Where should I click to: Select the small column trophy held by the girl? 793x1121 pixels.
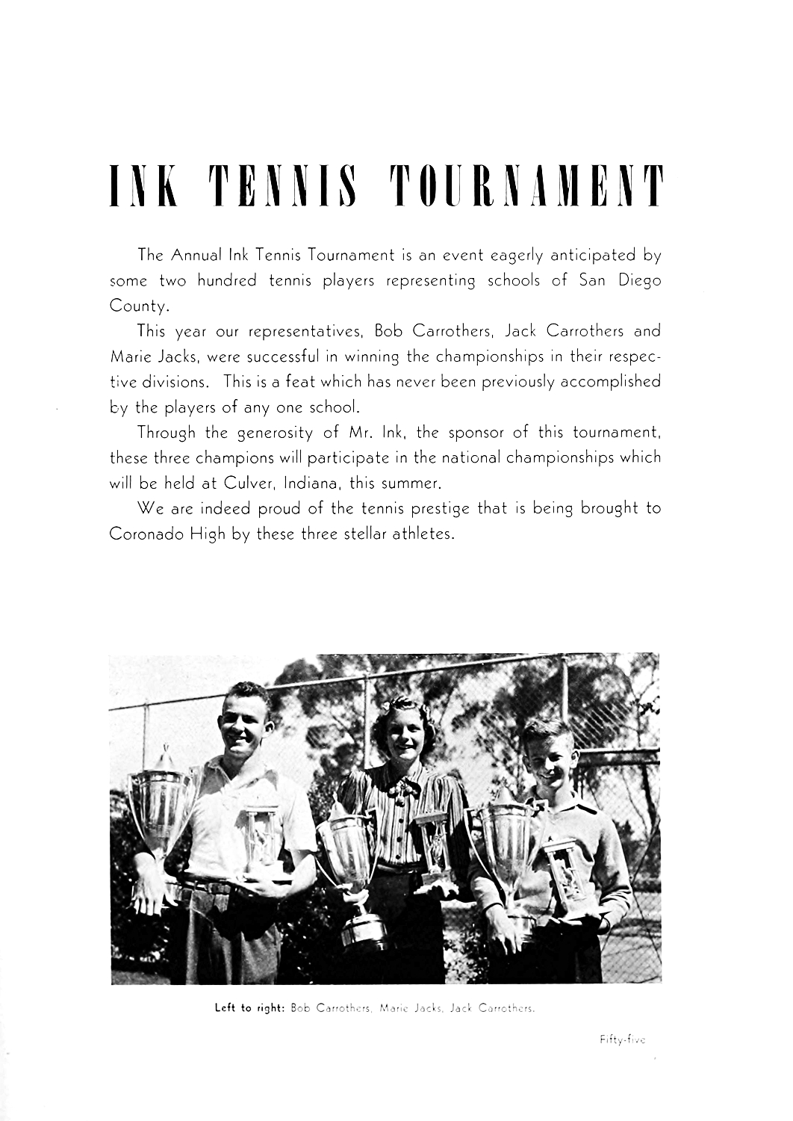432,852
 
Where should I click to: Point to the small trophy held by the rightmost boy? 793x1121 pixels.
570,874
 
